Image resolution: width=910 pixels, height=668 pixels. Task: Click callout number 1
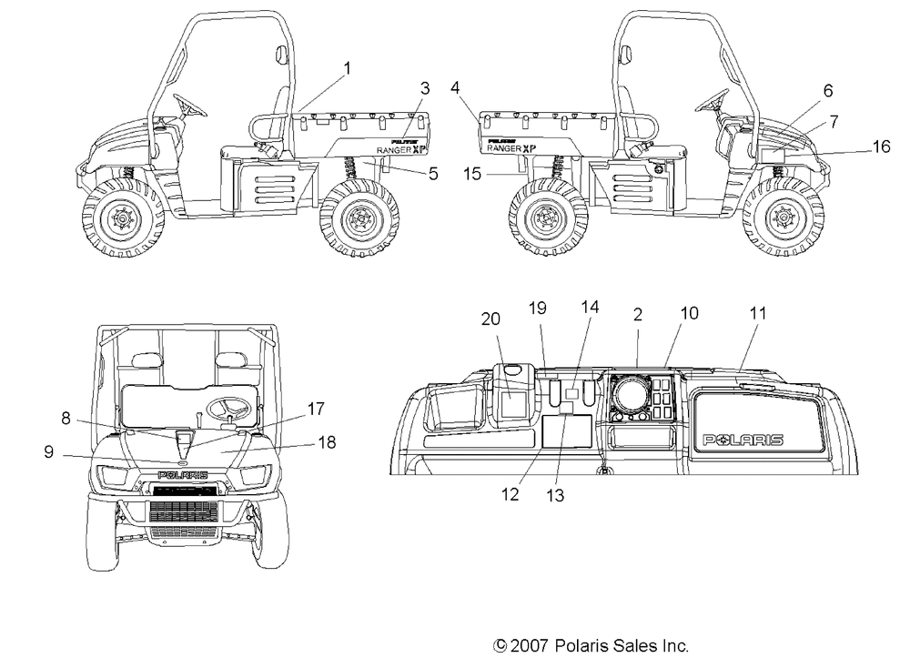(x=347, y=68)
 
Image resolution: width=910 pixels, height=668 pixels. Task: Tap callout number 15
(x=472, y=174)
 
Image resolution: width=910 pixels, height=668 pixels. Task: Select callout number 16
(x=881, y=147)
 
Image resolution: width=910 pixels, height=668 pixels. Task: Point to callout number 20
(x=490, y=319)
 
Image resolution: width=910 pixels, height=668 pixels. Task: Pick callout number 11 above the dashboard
(x=758, y=313)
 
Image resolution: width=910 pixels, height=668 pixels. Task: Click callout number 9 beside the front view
(x=49, y=451)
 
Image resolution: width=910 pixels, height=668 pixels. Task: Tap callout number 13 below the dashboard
(x=555, y=495)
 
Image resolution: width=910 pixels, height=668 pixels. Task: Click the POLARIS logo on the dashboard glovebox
(x=743, y=440)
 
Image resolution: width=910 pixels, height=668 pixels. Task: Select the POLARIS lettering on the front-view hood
(x=183, y=475)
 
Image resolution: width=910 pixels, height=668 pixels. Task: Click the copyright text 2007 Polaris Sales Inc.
(x=591, y=646)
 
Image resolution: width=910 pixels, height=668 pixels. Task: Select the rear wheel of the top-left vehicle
(x=359, y=218)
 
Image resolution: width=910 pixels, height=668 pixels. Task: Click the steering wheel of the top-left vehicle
(x=188, y=105)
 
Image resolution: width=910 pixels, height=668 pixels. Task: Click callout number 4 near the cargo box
(x=455, y=87)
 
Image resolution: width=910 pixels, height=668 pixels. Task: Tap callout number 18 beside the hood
(x=328, y=442)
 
